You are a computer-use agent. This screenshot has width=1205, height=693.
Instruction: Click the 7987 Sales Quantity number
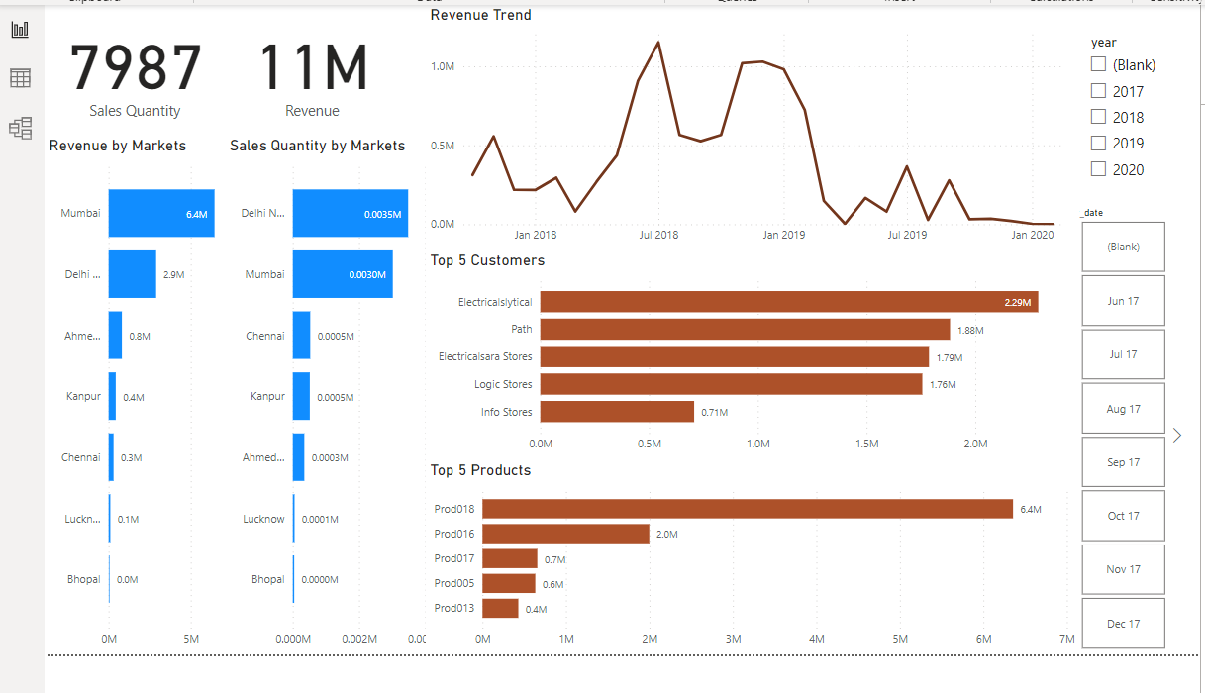136,69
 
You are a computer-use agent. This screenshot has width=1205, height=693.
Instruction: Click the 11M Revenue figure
313,69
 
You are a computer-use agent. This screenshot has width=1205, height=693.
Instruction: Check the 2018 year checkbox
1098,117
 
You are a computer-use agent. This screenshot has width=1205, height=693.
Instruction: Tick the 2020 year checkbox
1098,169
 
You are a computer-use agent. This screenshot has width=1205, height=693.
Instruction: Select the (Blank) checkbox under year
1098,64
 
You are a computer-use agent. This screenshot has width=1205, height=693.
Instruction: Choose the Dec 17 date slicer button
1123,624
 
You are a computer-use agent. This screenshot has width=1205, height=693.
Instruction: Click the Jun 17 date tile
1123,301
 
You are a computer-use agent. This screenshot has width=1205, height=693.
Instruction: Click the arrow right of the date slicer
1176,435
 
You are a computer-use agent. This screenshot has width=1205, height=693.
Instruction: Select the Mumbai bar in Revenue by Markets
160,213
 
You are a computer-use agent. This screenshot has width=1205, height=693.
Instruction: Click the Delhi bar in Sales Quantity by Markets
350,213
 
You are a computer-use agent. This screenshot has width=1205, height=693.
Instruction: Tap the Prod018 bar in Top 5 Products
747,509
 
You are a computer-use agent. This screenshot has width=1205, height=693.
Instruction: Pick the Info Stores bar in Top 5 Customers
617,412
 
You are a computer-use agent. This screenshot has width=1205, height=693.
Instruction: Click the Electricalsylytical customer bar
788,302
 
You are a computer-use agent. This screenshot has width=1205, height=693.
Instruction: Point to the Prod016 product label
454,534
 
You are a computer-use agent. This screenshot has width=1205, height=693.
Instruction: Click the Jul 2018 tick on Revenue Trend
658,235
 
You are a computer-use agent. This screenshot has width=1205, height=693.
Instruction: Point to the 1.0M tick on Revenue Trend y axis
442,66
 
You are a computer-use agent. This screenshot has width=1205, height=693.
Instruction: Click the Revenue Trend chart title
480,15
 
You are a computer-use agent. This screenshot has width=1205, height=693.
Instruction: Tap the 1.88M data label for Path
970,330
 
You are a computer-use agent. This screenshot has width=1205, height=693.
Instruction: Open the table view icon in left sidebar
20,78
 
